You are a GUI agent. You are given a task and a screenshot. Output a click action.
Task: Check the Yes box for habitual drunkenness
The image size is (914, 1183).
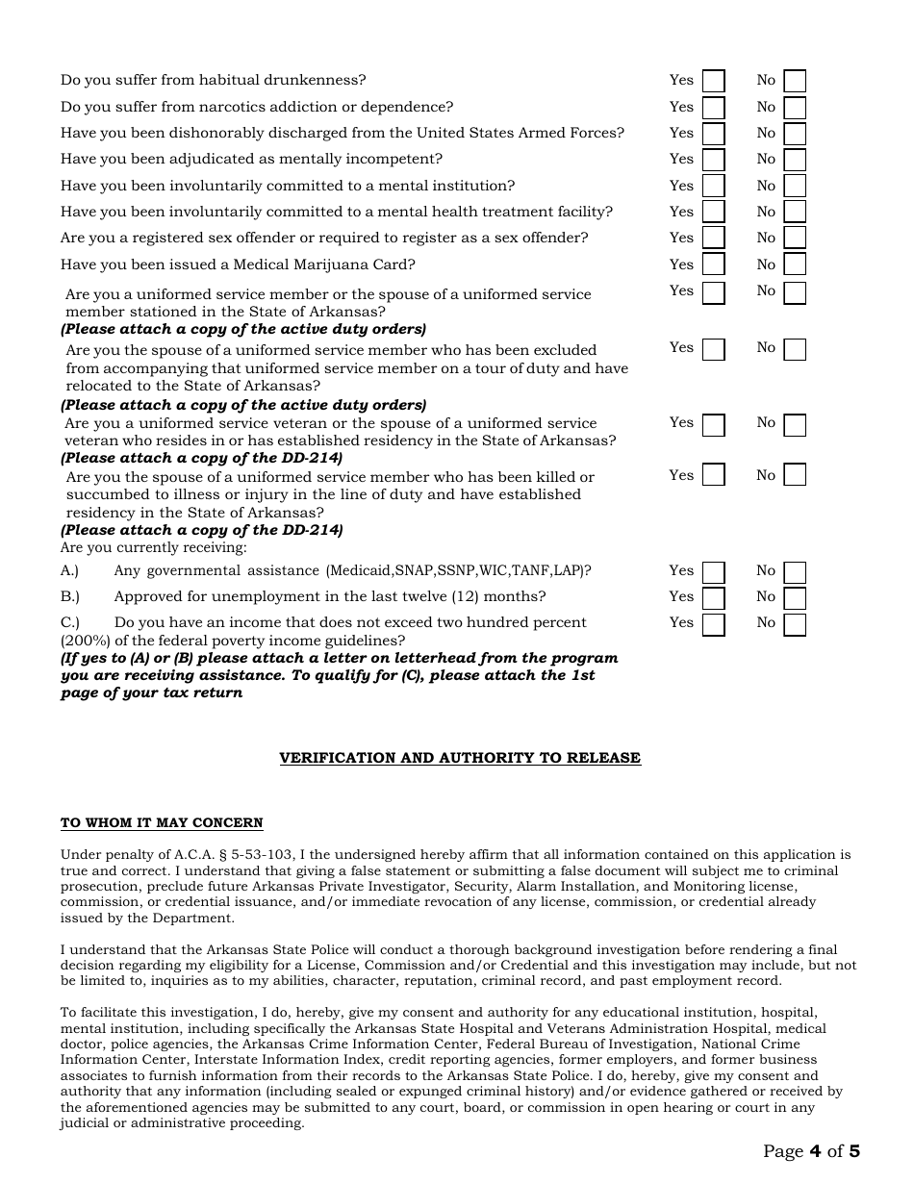pyautogui.click(x=713, y=82)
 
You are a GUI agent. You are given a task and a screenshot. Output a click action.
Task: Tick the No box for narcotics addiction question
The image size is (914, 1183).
pyautogui.click(x=795, y=108)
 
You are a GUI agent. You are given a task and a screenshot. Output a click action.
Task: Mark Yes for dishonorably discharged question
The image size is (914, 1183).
pyautogui.click(x=713, y=134)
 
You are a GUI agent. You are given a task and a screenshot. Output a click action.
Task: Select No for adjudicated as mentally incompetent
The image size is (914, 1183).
pyautogui.click(x=795, y=160)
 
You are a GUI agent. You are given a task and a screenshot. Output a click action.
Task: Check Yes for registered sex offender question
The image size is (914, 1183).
pyautogui.click(x=713, y=239)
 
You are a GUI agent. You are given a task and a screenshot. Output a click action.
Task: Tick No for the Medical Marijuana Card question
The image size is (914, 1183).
pyautogui.click(x=795, y=265)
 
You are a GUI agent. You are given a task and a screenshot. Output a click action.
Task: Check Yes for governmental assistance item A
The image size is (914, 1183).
pyautogui.click(x=713, y=572)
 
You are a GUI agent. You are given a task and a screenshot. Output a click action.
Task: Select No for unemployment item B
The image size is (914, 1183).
pyautogui.click(x=795, y=598)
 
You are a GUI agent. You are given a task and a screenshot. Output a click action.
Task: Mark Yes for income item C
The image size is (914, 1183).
pyautogui.click(x=713, y=624)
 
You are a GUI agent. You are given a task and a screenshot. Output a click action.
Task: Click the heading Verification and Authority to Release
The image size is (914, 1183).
pyautogui.click(x=460, y=758)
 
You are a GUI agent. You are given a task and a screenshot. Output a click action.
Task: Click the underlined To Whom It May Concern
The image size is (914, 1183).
pyautogui.click(x=162, y=823)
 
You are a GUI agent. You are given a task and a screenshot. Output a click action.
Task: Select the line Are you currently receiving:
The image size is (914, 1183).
pyautogui.click(x=154, y=547)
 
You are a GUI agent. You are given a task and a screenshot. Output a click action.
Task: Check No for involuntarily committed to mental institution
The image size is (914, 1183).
pyautogui.click(x=795, y=187)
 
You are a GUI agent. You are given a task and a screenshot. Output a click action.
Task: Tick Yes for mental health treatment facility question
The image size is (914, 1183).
pyautogui.click(x=713, y=213)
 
